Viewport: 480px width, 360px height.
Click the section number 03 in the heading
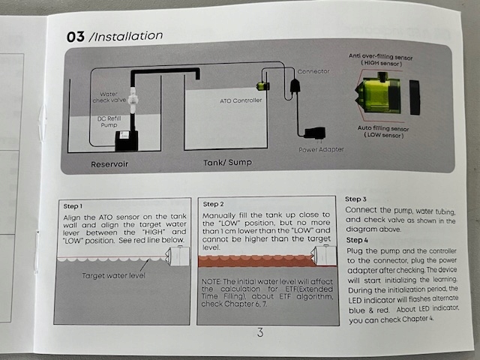[75, 36]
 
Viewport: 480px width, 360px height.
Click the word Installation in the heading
[126, 35]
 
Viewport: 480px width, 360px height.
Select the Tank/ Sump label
[227, 162]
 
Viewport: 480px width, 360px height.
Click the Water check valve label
[106, 95]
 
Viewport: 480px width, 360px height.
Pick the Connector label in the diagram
[313, 72]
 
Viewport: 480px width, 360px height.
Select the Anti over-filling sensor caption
[382, 58]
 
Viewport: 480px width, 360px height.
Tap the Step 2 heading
[213, 204]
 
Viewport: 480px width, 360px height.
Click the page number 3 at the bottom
[260, 332]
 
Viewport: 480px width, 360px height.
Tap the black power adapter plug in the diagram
[310, 133]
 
